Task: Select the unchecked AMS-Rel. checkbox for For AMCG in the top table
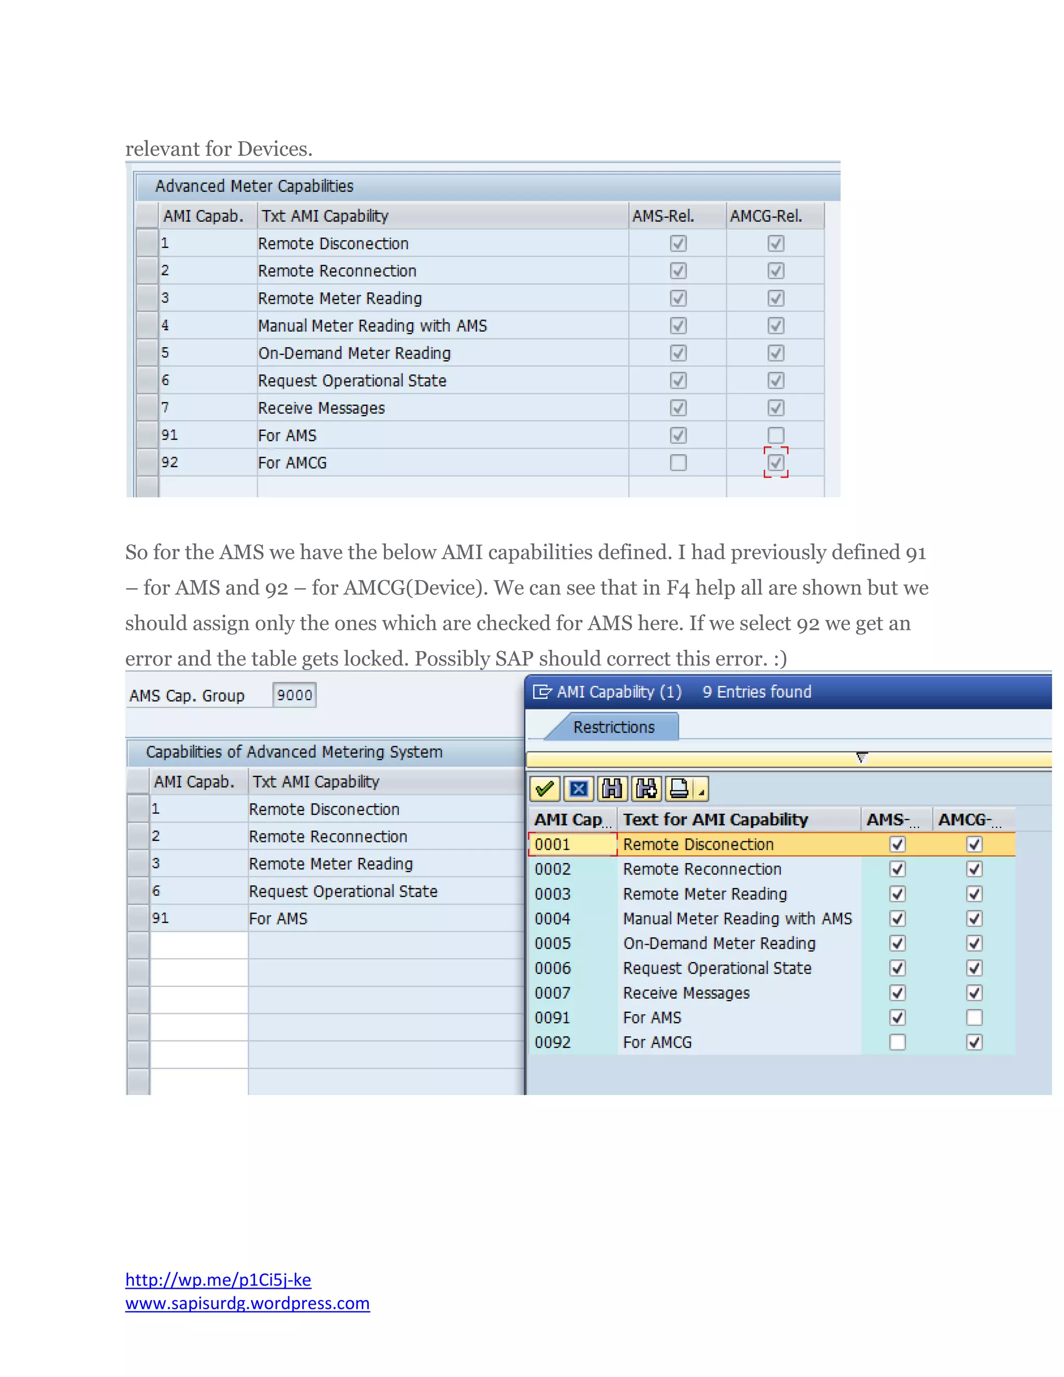[x=677, y=463]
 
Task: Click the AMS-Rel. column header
[x=663, y=216]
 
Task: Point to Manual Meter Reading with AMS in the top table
[x=372, y=326]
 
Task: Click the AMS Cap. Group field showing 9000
[x=295, y=695]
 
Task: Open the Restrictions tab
[x=614, y=727]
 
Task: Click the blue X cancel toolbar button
[x=579, y=789]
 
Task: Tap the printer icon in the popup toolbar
[x=679, y=789]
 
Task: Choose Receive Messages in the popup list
[x=686, y=993]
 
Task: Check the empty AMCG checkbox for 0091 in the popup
[x=974, y=1017]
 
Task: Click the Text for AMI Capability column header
[x=715, y=819]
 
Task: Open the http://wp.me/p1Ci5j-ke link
[x=218, y=1279]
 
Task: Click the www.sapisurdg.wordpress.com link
[x=247, y=1303]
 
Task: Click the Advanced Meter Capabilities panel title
[x=254, y=186]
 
